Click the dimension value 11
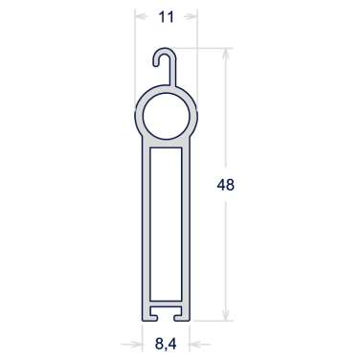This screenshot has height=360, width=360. point(166,17)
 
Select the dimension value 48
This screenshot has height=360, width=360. point(226,185)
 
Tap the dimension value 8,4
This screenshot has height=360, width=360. point(166,344)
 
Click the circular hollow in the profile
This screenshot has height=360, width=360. point(167,117)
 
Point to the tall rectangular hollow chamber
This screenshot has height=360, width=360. point(166,224)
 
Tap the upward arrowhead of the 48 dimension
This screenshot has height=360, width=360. point(226,54)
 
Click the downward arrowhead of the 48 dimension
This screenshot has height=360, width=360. point(226,315)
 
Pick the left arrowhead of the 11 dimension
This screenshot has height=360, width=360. point(141,16)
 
